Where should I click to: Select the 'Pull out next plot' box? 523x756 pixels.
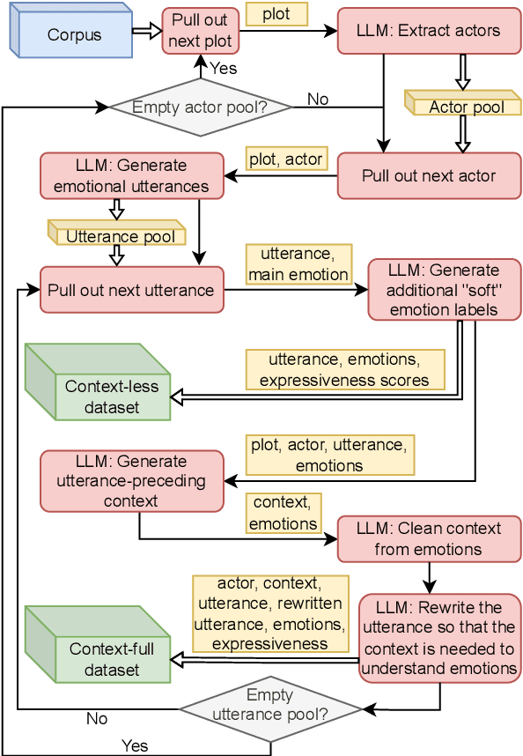(200, 31)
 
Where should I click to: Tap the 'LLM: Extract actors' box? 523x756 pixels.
(429, 31)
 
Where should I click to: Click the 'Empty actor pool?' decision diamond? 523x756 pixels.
(200, 108)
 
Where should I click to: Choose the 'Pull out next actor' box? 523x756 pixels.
(429, 175)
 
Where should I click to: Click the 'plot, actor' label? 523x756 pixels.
(285, 159)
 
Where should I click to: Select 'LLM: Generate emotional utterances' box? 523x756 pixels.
(131, 175)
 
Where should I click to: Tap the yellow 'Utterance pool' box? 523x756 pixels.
(120, 236)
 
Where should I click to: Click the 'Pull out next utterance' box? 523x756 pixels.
(131, 290)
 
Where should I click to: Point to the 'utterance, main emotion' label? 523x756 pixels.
(298, 264)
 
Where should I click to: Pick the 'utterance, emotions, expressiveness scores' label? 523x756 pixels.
(345, 370)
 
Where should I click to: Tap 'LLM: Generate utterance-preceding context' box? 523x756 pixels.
(131, 481)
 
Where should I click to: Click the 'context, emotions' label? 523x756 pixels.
(284, 514)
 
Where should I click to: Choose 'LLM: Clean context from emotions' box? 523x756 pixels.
(429, 538)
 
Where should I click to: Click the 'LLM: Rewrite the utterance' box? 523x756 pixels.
(438, 638)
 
